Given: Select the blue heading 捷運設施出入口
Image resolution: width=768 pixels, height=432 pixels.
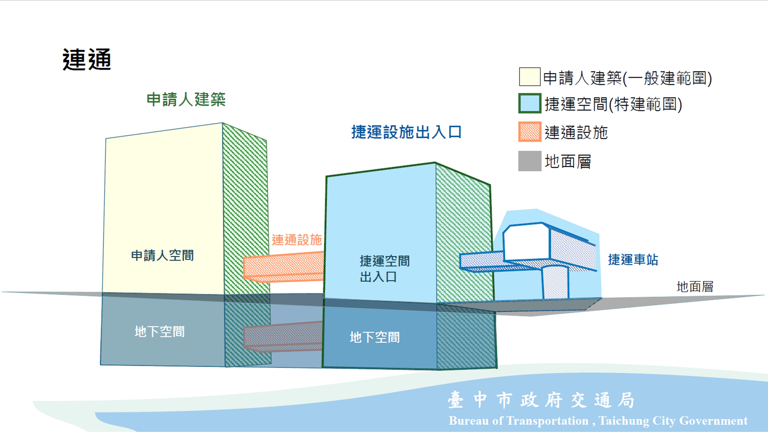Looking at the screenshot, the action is pyautogui.click(x=406, y=132).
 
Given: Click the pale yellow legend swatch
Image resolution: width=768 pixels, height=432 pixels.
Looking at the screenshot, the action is pyautogui.click(x=530, y=77).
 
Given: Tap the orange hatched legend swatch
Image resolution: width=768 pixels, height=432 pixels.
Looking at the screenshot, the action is pyautogui.click(x=530, y=132).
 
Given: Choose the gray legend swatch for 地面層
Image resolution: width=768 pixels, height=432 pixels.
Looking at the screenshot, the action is pyautogui.click(x=530, y=161).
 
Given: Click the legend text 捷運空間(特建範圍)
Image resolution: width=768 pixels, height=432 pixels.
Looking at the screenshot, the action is pyautogui.click(x=613, y=104).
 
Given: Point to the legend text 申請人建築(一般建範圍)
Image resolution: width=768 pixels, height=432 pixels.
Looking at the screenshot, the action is pyautogui.click(x=627, y=78).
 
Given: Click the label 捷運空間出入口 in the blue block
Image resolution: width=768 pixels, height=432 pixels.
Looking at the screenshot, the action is pyautogui.click(x=385, y=269).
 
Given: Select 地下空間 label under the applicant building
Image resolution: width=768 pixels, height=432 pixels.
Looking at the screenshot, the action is pyautogui.click(x=160, y=332).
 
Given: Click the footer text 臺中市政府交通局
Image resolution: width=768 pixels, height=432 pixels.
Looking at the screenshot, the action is pyautogui.click(x=541, y=400).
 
